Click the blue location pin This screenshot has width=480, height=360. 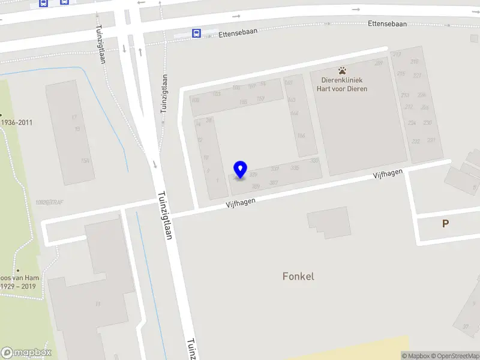coord(241,170)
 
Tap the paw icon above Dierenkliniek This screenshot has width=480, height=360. coord(342,70)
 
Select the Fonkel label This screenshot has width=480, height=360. coord(298,277)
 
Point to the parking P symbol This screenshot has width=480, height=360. coord(445,224)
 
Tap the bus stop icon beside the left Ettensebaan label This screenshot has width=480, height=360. coord(196,34)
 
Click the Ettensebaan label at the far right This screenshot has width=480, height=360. coord(387,24)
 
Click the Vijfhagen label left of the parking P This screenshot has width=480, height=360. coord(387,175)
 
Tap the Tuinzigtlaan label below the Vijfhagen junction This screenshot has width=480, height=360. coord(165,216)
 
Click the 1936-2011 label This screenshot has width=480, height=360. coord(17,123)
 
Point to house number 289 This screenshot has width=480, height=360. coord(379,64)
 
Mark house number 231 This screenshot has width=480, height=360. coord(431,140)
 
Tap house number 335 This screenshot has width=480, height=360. coord(295,168)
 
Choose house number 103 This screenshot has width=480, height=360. coord(217,94)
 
